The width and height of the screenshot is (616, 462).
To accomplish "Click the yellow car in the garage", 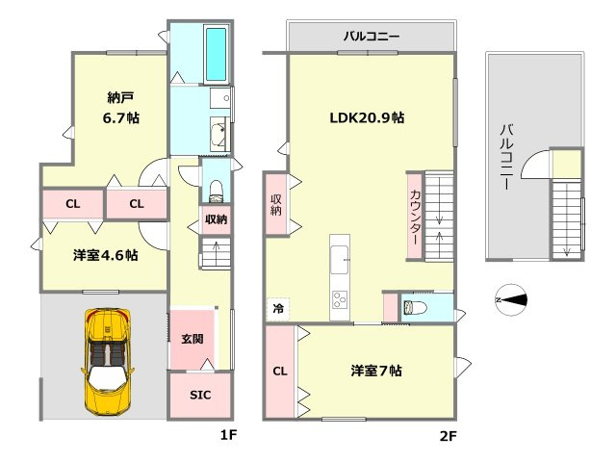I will (x=108, y=361).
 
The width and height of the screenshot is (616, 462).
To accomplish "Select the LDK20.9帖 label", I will (x=367, y=117).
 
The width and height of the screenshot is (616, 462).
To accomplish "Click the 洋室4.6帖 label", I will (x=104, y=256).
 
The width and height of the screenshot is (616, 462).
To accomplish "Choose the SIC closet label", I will (x=199, y=396).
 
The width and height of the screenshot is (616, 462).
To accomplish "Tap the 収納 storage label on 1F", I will (x=216, y=219).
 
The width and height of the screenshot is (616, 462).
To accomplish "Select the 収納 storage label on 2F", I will (x=276, y=205).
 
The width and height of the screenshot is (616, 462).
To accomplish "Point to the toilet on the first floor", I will (x=216, y=186).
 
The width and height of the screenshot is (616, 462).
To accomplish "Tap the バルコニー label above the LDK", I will (x=371, y=37).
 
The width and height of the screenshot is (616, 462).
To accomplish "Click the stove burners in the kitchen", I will (x=342, y=299).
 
